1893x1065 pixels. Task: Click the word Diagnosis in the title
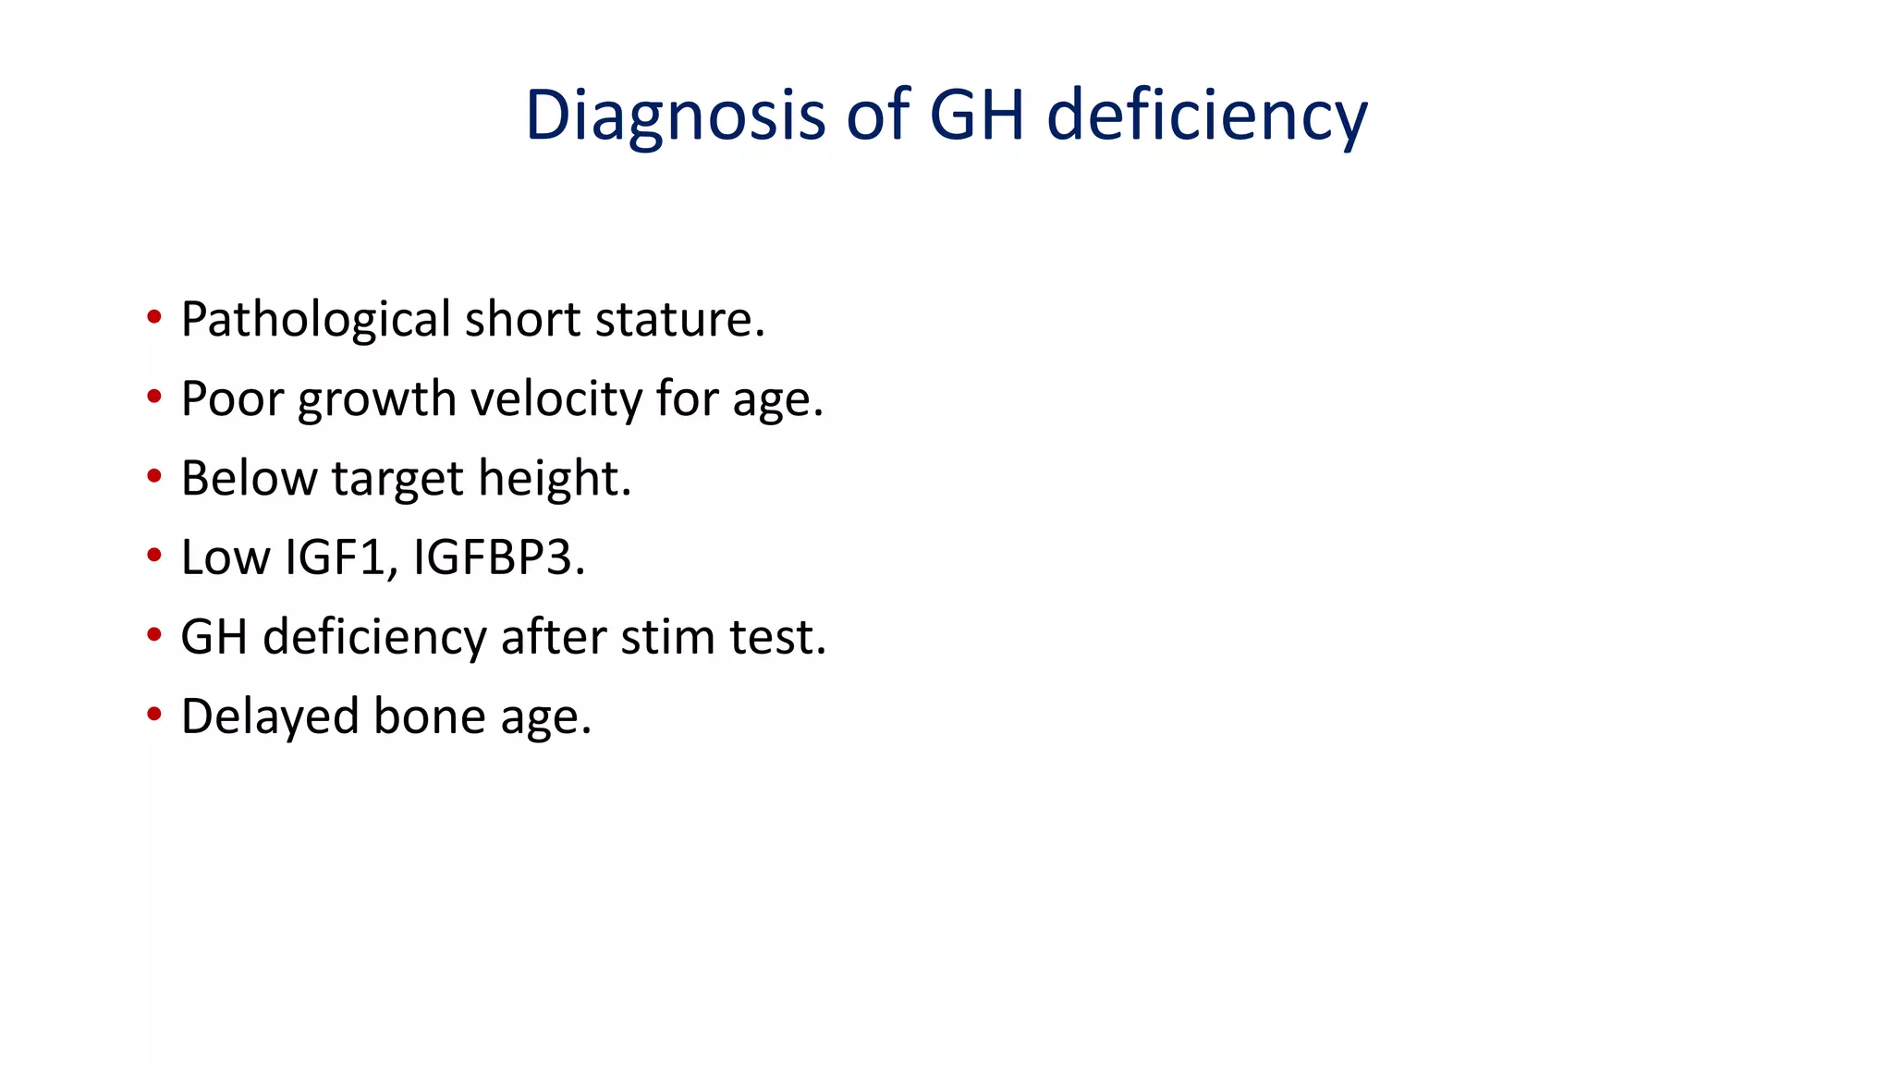coord(675,116)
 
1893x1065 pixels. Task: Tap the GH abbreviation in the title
coord(976,116)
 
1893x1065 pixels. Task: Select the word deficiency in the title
coord(1206,116)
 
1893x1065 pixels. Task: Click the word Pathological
coord(315,320)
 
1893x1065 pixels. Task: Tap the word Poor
coord(231,399)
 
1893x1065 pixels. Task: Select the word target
coord(397,479)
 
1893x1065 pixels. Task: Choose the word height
coord(555,479)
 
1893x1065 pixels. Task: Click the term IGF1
coord(340,557)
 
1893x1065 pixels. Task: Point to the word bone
coord(429,716)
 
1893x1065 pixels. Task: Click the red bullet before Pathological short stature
coord(154,318)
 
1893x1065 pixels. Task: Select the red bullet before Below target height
coord(154,477)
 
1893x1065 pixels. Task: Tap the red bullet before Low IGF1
coord(154,557)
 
